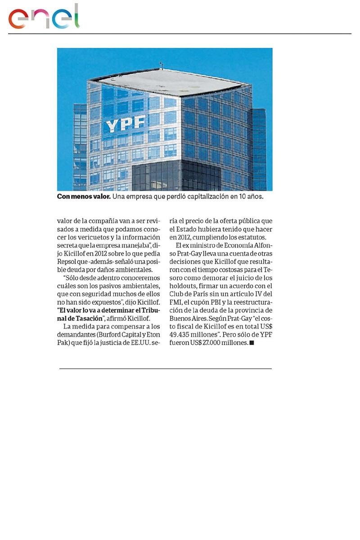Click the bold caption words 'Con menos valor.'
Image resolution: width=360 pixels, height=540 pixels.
(84, 197)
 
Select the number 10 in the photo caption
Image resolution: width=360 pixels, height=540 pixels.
(236, 197)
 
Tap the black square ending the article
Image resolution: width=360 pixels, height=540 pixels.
(252, 343)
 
